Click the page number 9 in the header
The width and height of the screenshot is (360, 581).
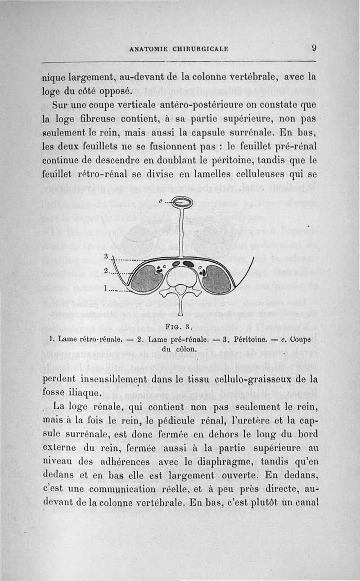[x=314, y=48]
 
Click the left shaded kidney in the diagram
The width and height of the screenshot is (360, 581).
[x=147, y=279]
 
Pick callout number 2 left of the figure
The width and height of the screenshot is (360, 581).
[x=106, y=271]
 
